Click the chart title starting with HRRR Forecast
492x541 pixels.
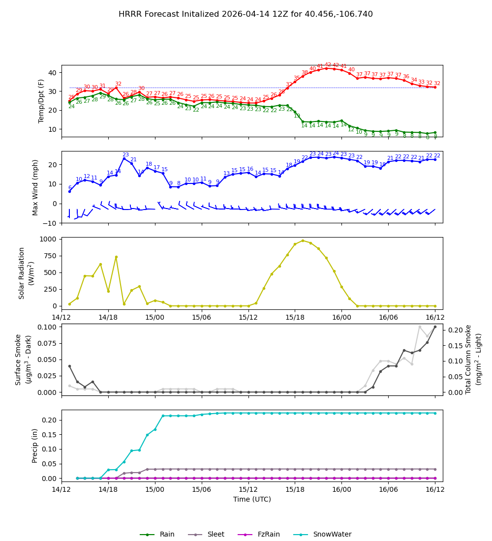(x=246, y=14)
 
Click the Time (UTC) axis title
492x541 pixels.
(x=252, y=499)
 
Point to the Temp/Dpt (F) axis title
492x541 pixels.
(x=42, y=101)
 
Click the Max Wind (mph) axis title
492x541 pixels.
(x=35, y=187)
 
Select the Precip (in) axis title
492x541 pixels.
(x=35, y=446)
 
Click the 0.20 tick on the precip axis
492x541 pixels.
(x=49, y=420)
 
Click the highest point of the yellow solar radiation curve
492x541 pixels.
(x=303, y=240)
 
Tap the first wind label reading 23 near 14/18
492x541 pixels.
(x=125, y=155)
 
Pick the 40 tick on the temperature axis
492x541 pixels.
(x=52, y=73)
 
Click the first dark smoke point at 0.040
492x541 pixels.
(x=69, y=366)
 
